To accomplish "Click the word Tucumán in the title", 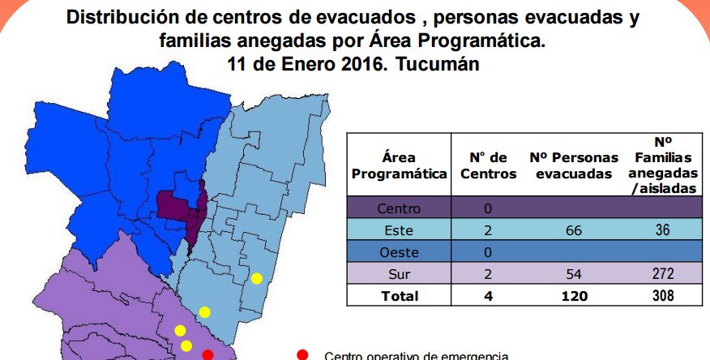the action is (x=438, y=64).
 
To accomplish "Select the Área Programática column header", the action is (x=399, y=165).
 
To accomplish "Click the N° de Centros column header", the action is (x=488, y=165).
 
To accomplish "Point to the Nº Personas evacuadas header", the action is (x=574, y=165).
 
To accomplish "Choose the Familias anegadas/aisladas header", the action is (x=663, y=165).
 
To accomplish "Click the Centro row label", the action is (x=399, y=208).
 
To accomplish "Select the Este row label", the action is (x=399, y=230).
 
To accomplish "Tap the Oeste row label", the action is (x=399, y=252).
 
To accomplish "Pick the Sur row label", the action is (x=399, y=274).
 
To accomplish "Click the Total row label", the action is (x=400, y=296).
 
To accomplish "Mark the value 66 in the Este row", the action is (x=574, y=230).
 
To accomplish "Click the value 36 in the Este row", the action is (x=662, y=229).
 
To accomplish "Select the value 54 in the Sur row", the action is (x=574, y=274).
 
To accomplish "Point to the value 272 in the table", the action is (x=662, y=273).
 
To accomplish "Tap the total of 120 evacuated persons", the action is (x=574, y=296).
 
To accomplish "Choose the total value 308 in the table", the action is (x=663, y=295).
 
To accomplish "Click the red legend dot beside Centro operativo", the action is (x=302, y=355).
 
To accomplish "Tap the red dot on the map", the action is (x=207, y=355).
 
